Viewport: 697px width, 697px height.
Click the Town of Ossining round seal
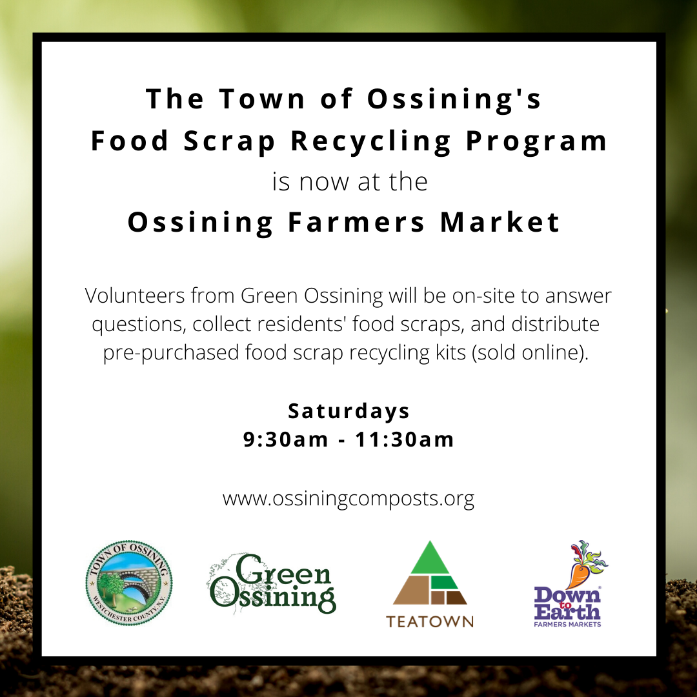pyautogui.click(x=129, y=583)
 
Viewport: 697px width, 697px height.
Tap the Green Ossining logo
pyautogui.click(x=272, y=584)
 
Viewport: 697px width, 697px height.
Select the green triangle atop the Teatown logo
pyautogui.click(x=430, y=558)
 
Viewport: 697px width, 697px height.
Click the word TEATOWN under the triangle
pyautogui.click(x=430, y=621)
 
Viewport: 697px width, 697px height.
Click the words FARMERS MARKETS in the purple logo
pyautogui.click(x=567, y=624)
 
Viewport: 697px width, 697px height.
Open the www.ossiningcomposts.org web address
pyautogui.click(x=348, y=499)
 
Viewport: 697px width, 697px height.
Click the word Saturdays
pyautogui.click(x=348, y=412)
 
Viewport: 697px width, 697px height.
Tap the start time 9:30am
pyautogui.click(x=285, y=439)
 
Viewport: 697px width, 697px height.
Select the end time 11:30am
pyautogui.click(x=405, y=439)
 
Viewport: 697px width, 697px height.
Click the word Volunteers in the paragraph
pyautogui.click(x=135, y=296)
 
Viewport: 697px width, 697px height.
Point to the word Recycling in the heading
pyautogui.click(x=371, y=142)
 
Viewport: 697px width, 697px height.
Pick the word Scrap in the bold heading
pyautogui.click(x=229, y=142)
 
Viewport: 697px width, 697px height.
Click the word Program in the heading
pyautogui.click(x=536, y=142)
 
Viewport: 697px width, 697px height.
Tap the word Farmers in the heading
pyautogui.click(x=356, y=222)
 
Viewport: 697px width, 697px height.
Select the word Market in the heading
pyautogui.click(x=500, y=222)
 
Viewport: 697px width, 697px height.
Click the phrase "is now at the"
pyautogui.click(x=350, y=182)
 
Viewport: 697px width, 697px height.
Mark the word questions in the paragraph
pyautogui.click(x=139, y=325)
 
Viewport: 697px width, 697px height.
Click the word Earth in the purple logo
pyautogui.click(x=567, y=612)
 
